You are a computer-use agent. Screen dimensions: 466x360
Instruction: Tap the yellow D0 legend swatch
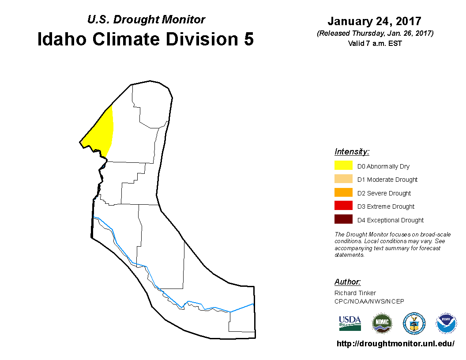pos(343,165)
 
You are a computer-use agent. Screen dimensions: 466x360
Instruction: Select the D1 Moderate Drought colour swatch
pos(343,179)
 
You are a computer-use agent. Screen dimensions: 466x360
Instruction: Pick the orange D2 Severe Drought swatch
pos(343,192)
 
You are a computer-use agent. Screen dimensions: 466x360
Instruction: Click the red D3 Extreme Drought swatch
pos(343,206)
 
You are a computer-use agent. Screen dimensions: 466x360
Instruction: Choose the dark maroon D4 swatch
pos(343,219)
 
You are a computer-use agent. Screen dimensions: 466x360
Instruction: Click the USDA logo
pos(350,323)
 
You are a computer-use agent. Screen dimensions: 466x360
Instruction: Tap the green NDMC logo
pos(382,323)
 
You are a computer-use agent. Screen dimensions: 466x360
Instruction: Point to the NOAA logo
pos(446,323)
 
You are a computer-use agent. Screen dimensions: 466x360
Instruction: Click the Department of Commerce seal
pos(414,323)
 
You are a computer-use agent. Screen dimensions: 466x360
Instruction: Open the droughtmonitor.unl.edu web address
pos(395,344)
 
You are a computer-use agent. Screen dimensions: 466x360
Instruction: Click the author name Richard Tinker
pos(355,293)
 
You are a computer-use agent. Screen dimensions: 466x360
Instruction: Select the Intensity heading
pos(352,151)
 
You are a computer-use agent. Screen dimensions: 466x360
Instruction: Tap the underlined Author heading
pos(347,281)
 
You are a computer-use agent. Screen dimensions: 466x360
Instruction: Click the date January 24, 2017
pos(375,21)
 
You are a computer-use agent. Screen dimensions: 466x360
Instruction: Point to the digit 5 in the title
pos(249,39)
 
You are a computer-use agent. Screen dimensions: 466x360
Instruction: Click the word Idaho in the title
pos(62,39)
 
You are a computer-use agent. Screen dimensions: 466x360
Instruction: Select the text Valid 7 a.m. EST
pos(375,43)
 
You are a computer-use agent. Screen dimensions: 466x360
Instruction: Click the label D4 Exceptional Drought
pos(391,220)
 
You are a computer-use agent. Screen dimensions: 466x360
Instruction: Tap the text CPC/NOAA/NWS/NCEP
pos(369,301)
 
